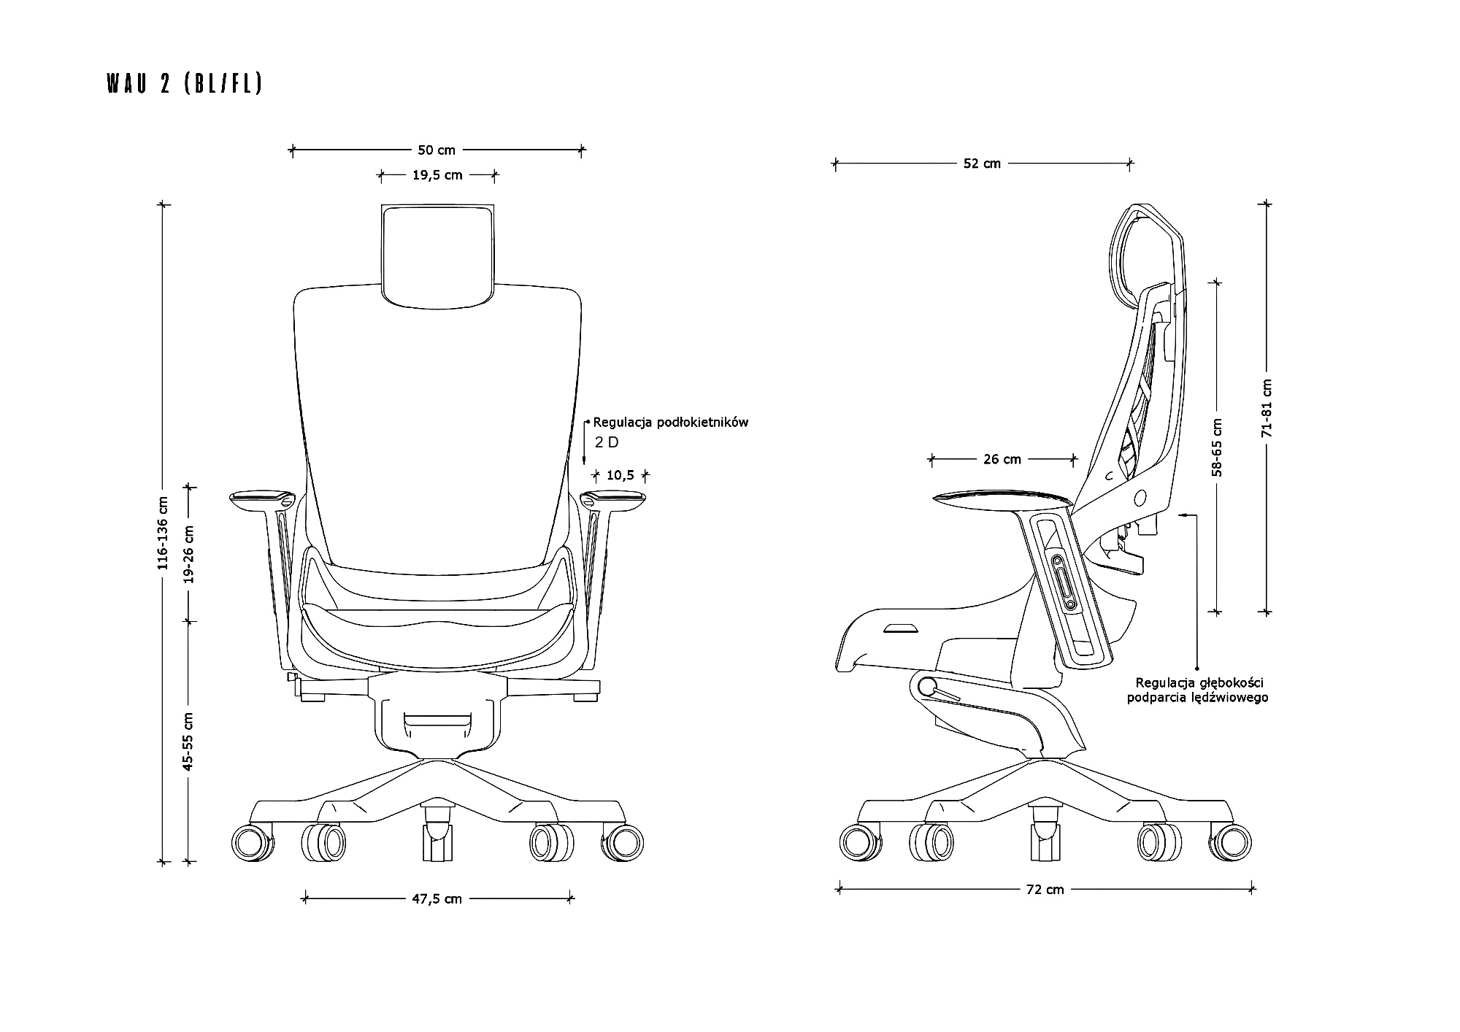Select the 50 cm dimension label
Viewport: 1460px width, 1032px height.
(437, 150)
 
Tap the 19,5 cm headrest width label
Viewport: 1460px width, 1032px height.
(437, 175)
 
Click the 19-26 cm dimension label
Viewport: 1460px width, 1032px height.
(189, 554)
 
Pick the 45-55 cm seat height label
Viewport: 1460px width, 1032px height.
(189, 742)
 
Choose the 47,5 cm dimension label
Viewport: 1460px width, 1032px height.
(437, 899)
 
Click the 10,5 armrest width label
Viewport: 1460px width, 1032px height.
(620, 476)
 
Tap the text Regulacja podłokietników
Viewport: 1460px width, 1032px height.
(671, 423)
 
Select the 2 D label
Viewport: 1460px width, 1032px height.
(607, 442)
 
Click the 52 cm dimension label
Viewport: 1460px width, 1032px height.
(982, 164)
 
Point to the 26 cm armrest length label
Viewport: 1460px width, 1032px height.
(1002, 460)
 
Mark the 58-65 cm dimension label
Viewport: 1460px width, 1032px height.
(1216, 447)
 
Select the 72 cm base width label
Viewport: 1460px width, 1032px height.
(1045, 890)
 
